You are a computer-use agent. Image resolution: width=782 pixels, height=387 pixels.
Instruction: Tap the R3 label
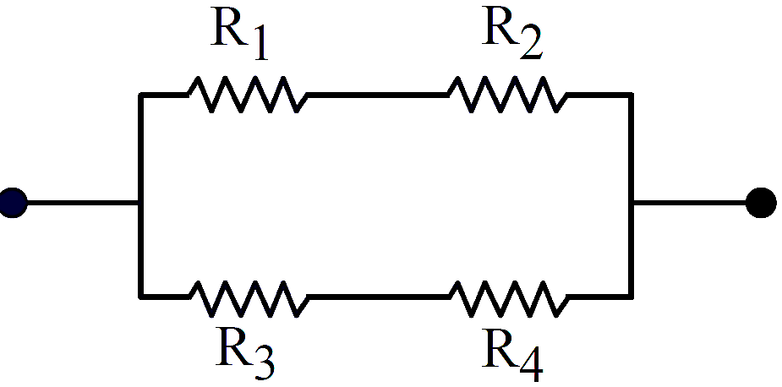click(245, 351)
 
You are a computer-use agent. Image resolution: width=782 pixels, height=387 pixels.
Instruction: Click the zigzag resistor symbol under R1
click(248, 95)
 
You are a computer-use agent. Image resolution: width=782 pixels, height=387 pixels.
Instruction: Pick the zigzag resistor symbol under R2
click(508, 95)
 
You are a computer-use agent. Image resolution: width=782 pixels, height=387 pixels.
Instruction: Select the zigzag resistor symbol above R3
click(248, 298)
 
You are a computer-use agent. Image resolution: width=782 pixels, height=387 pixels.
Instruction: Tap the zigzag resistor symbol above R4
click(509, 298)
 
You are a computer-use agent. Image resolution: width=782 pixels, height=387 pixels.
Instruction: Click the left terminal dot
click(13, 203)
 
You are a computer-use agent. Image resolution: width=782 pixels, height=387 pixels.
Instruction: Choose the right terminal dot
click(761, 203)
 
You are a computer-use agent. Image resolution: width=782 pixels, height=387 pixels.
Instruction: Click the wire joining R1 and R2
click(378, 95)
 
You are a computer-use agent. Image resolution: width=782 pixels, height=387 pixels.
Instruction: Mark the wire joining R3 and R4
click(379, 297)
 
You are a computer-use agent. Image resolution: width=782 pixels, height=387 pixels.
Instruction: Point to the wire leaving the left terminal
click(83, 203)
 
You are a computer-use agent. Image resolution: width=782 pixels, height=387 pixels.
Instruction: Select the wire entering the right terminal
click(690, 203)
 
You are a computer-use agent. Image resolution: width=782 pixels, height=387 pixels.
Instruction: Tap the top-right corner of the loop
click(632, 95)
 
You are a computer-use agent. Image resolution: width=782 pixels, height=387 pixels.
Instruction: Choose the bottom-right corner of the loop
click(632, 297)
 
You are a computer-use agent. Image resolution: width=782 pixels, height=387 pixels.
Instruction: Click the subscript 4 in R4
click(532, 366)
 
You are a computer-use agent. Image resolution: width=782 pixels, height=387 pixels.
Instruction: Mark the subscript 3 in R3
click(263, 362)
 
